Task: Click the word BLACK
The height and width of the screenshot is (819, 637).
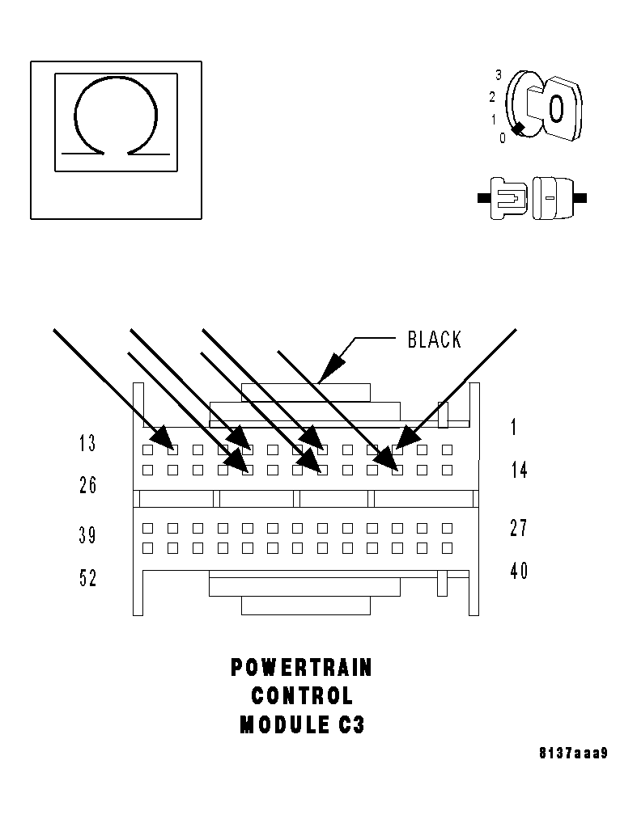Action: pos(435,340)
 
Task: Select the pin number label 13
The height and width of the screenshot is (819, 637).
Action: pos(87,444)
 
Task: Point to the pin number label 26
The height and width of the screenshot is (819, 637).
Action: pos(87,485)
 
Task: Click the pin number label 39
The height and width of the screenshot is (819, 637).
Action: pos(87,535)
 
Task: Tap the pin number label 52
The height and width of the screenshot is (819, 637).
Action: pos(87,578)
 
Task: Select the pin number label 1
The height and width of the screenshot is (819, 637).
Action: pos(514,428)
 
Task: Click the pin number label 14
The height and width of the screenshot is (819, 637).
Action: pos(519,470)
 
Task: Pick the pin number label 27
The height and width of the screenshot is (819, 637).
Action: pos(519,528)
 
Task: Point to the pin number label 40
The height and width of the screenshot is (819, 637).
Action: pos(519,571)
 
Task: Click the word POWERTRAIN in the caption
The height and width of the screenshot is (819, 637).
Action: pos(302,668)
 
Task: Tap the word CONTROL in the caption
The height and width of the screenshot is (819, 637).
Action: pos(302,696)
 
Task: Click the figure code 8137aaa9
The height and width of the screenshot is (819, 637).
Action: pos(573,754)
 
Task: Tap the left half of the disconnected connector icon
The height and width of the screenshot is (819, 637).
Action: pos(508,197)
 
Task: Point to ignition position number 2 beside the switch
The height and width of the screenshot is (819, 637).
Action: pos(492,98)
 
